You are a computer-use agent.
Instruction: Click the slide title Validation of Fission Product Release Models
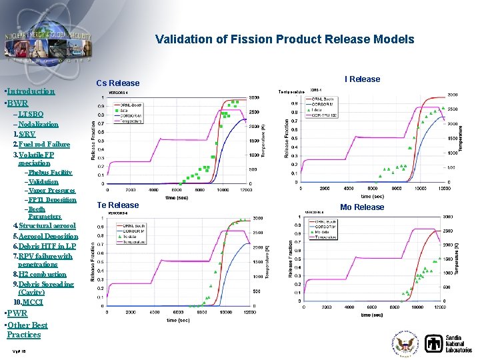point(285,39)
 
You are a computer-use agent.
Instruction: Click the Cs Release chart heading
point(118,83)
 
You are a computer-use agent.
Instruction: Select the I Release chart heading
point(362,79)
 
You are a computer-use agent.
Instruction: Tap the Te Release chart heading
point(118,205)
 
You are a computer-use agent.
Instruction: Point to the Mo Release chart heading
point(362,207)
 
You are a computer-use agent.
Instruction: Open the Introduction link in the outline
point(31,91)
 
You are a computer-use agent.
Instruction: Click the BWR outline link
point(17,103)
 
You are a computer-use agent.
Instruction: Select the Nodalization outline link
point(37,125)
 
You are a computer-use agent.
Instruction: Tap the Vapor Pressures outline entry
point(51,191)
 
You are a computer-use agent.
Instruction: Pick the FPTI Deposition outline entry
point(52,200)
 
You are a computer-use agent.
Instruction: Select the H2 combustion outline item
point(41,274)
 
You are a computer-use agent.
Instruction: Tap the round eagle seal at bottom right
point(406,344)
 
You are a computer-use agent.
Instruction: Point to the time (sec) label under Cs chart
point(177,198)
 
